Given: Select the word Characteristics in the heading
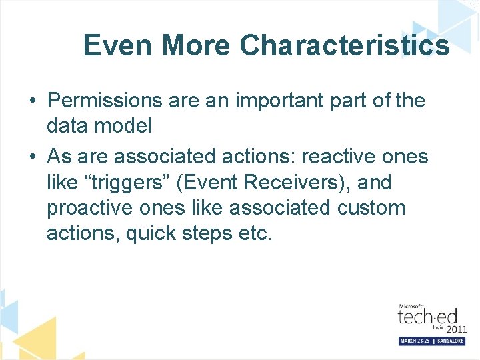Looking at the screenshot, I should pyautogui.click(x=344, y=46).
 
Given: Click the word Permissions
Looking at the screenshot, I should pyautogui.click(x=105, y=101).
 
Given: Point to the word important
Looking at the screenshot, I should pyautogui.click(x=271, y=101).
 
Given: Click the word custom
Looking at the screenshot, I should pyautogui.click(x=371, y=207).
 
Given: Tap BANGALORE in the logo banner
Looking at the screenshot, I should pyautogui.click(x=446, y=341).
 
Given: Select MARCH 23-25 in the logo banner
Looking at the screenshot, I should pyautogui.click(x=415, y=341).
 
